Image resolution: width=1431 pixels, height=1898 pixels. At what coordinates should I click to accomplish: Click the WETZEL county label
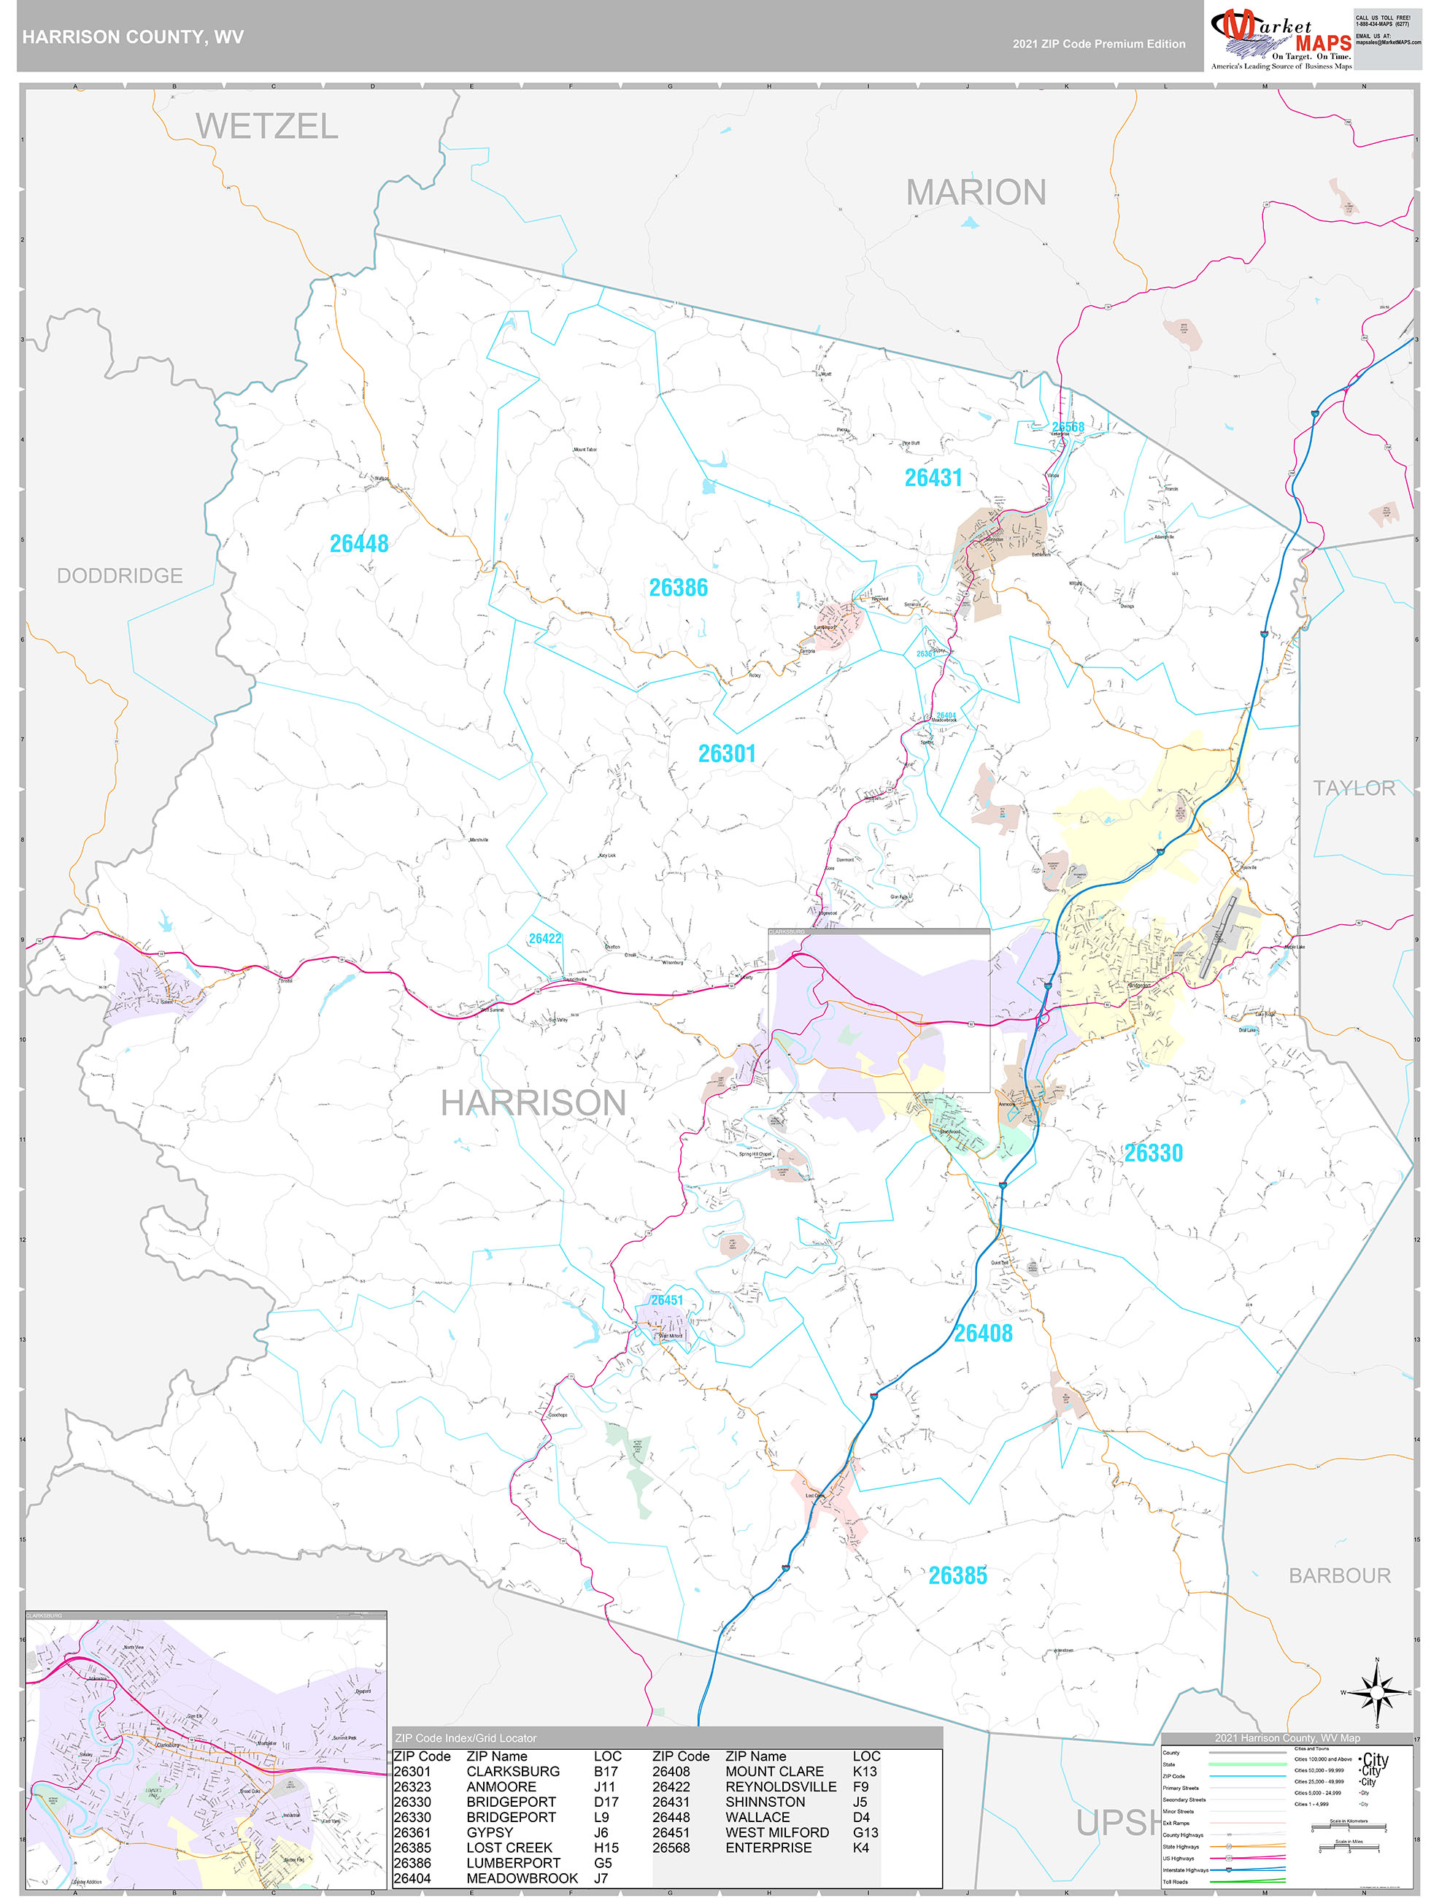pyautogui.click(x=267, y=127)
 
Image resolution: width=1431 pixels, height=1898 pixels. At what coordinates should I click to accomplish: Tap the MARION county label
pyautogui.click(x=976, y=192)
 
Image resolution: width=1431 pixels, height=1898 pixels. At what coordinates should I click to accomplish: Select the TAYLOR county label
pyautogui.click(x=1353, y=788)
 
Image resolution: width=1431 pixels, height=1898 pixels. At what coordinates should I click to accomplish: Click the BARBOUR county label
pyautogui.click(x=1339, y=1575)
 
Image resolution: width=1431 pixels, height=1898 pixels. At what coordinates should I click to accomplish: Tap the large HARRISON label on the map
pyautogui.click(x=533, y=1102)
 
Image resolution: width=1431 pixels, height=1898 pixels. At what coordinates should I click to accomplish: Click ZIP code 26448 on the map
pyautogui.click(x=358, y=543)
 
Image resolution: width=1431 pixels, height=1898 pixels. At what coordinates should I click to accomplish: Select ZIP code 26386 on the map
pyautogui.click(x=678, y=588)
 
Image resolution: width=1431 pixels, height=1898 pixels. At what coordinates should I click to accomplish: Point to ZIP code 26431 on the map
pyautogui.click(x=933, y=478)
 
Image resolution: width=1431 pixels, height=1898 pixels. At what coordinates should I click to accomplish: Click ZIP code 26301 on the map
pyautogui.click(x=727, y=753)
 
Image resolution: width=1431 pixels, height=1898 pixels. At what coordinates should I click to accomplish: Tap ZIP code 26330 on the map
pyautogui.click(x=1153, y=1153)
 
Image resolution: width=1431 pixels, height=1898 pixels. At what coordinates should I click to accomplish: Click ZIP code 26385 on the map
pyautogui.click(x=957, y=1575)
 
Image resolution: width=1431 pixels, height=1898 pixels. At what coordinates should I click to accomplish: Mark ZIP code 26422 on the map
pyautogui.click(x=545, y=939)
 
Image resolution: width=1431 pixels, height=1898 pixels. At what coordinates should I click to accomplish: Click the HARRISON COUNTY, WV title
pyautogui.click(x=133, y=37)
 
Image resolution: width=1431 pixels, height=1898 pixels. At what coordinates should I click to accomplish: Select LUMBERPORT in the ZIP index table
pyautogui.click(x=513, y=1862)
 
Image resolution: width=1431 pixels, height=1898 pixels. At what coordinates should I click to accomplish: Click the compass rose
pyautogui.click(x=1376, y=1692)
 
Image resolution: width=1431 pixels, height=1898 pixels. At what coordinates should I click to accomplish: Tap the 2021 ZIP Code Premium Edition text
pyautogui.click(x=1098, y=44)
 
